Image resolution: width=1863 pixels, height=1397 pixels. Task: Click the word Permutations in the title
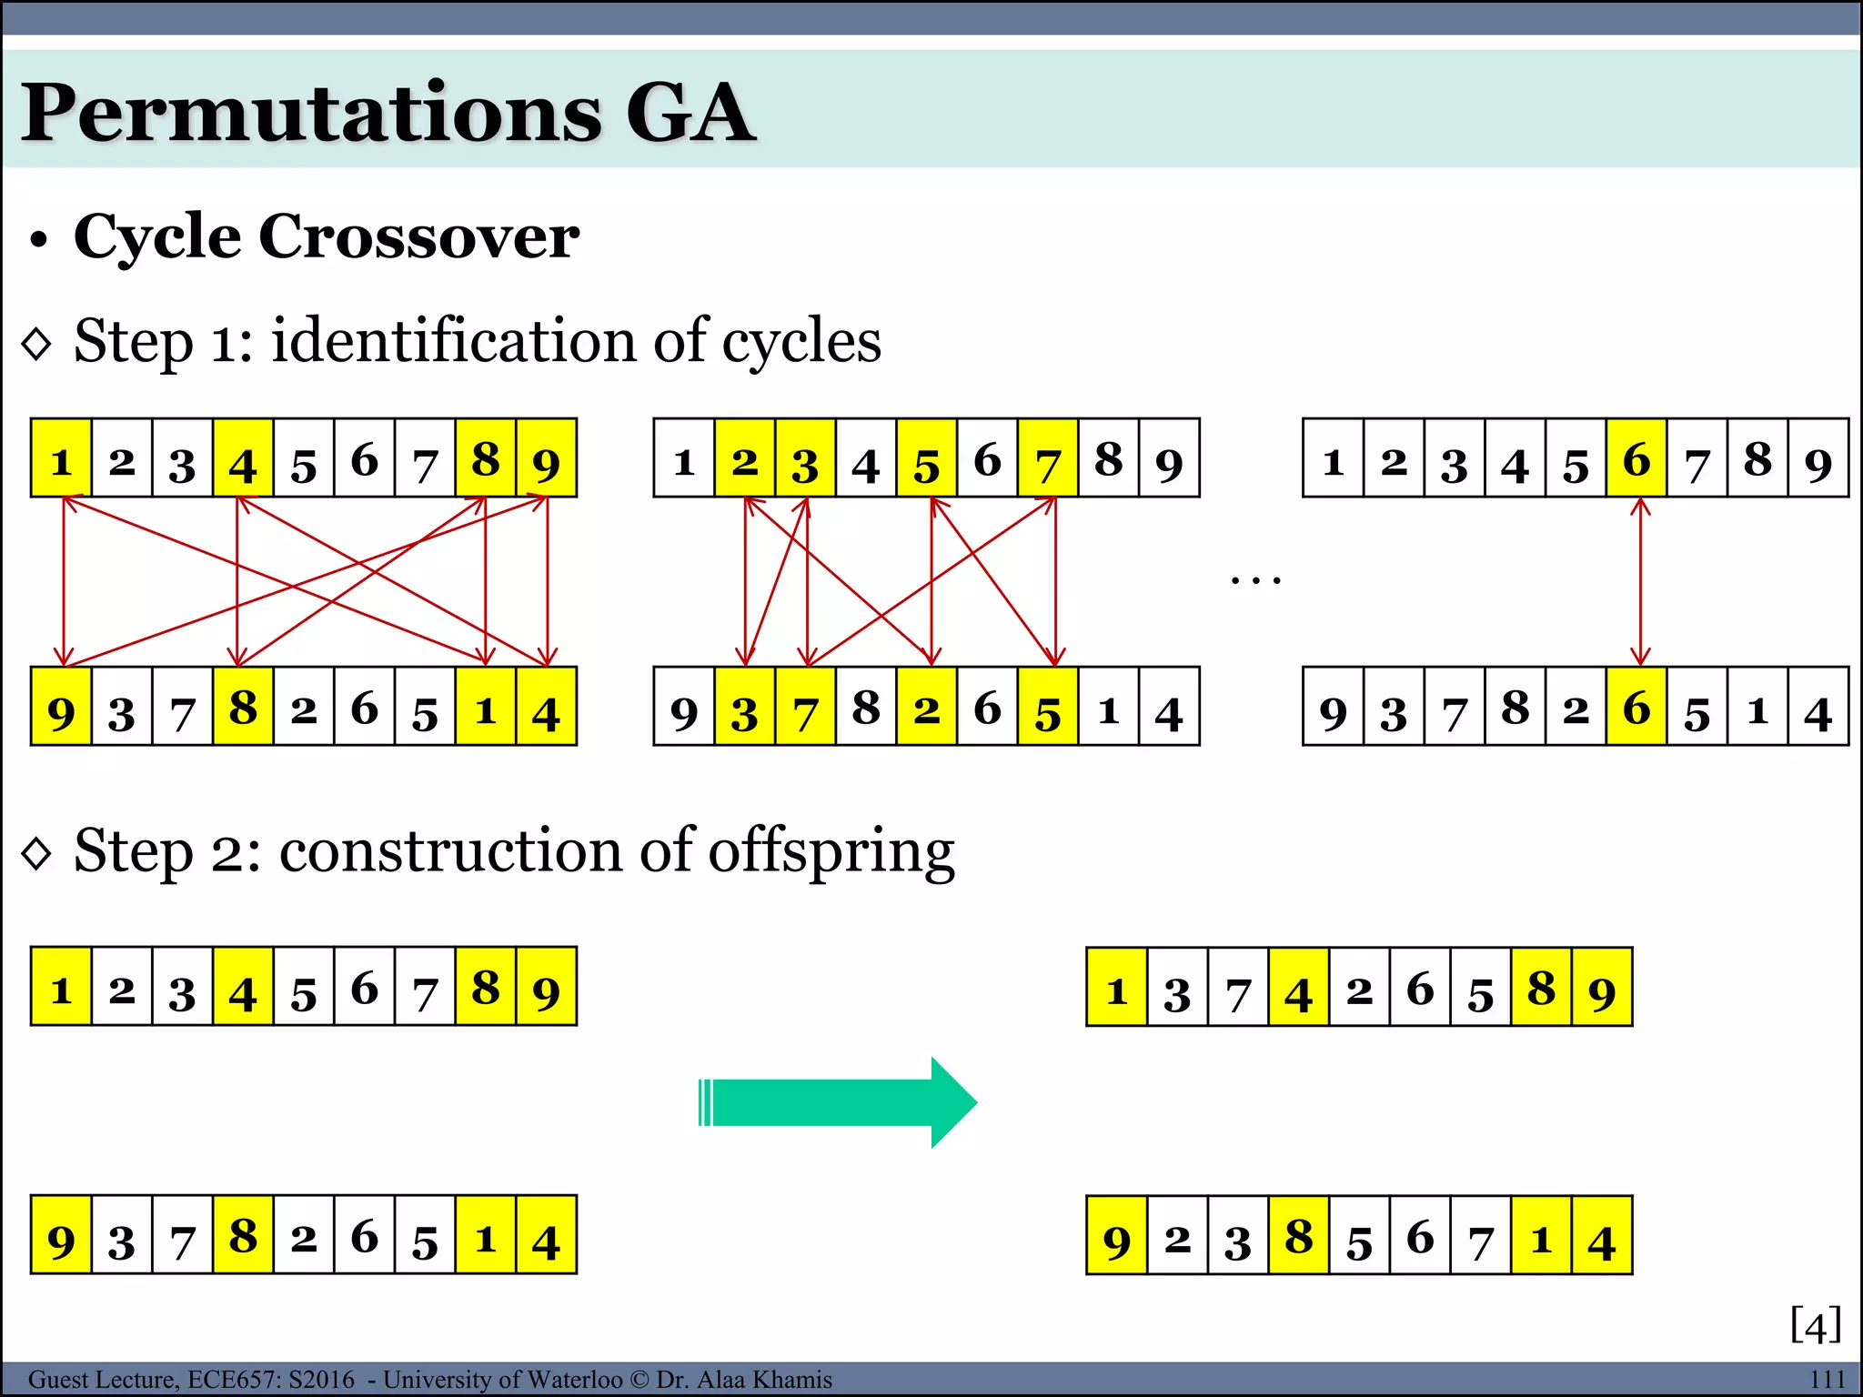tap(310, 113)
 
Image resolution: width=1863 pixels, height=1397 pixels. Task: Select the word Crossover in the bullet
tap(418, 236)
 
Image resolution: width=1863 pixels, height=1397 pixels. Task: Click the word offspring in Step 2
tap(831, 852)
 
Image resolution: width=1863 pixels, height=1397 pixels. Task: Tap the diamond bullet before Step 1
tap(36, 344)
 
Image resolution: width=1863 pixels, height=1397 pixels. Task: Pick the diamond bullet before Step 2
tap(36, 854)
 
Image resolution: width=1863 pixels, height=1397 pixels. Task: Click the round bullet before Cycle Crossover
tap(37, 241)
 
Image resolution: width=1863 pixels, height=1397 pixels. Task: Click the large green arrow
tap(837, 1102)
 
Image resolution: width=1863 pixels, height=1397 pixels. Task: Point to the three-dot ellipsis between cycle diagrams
tap(1255, 579)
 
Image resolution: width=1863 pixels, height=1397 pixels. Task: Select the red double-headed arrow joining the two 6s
tap(1639, 582)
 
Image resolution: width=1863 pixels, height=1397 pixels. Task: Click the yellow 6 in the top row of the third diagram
tap(1636, 459)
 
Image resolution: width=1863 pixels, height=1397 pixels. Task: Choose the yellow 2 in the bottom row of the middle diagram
tap(926, 708)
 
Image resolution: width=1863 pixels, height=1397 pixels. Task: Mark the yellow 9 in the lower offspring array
tap(1116, 1237)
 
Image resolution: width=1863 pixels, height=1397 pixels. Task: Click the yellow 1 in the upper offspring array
tap(1116, 989)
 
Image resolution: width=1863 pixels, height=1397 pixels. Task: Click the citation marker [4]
tap(1815, 1324)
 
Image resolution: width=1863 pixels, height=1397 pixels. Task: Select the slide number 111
tap(1827, 1379)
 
